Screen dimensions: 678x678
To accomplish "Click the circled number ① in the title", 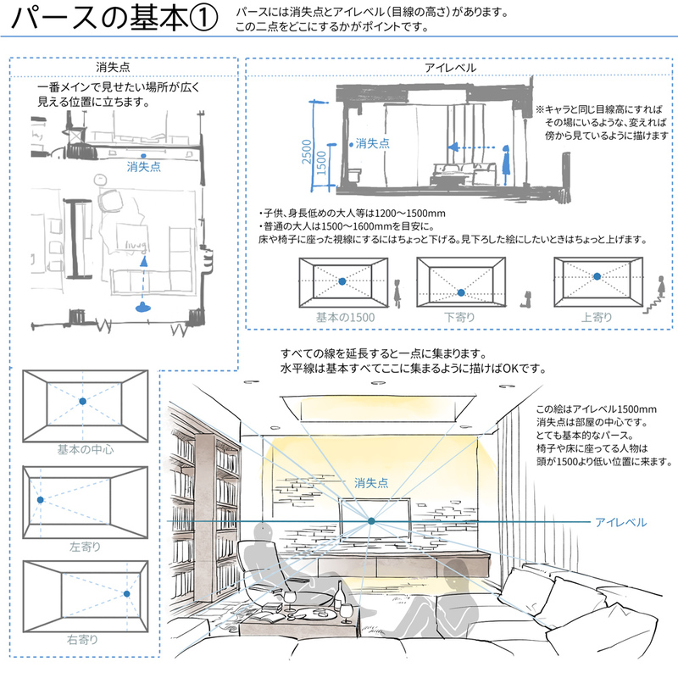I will coord(200,19).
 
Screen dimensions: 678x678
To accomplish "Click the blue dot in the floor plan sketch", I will coord(145,156).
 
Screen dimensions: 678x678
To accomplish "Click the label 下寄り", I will coord(459,318).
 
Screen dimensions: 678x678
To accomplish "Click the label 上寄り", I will coord(597,318).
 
